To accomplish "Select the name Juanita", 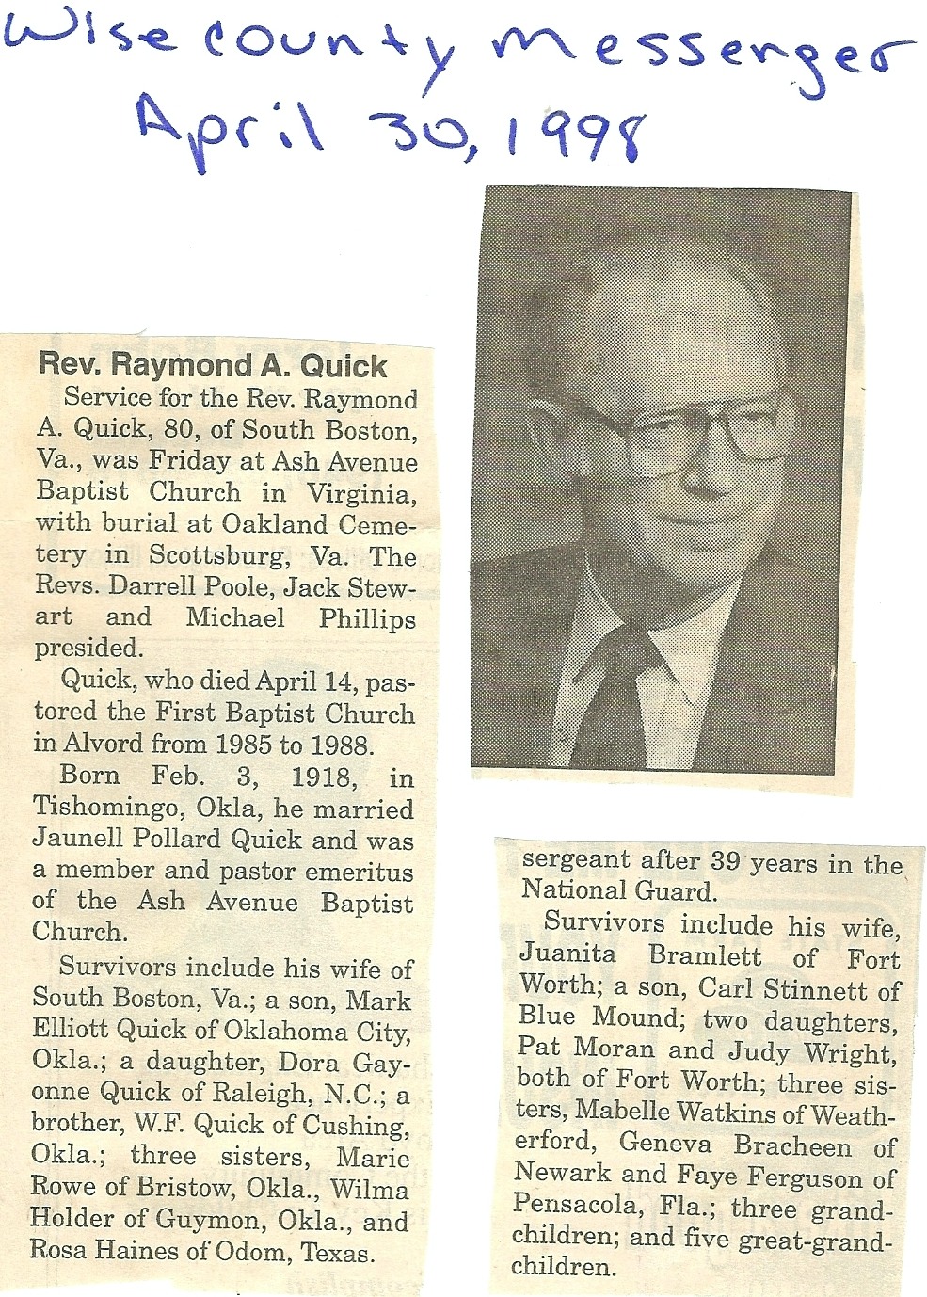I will [x=567, y=954].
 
